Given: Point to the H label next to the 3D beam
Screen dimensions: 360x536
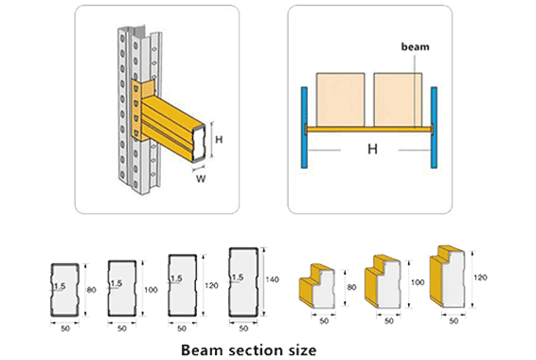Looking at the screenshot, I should tap(220, 139).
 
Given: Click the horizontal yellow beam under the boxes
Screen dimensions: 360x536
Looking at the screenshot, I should tap(369, 128).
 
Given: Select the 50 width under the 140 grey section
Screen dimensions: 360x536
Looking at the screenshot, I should tap(244, 328).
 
